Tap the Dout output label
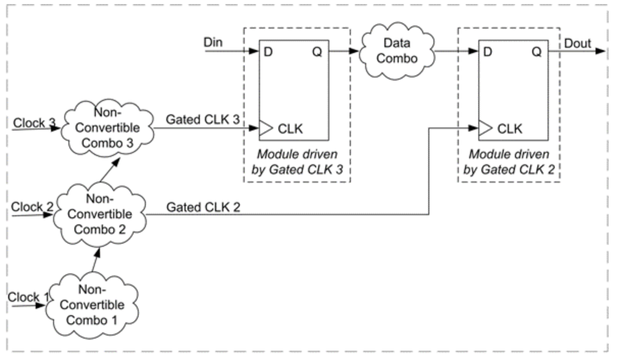pyautogui.click(x=577, y=43)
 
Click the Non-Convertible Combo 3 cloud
pyautogui.click(x=108, y=126)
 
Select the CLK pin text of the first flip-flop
pyautogui.click(x=290, y=129)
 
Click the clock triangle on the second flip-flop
pyautogui.click(x=483, y=129)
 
